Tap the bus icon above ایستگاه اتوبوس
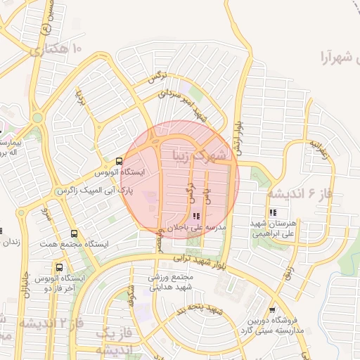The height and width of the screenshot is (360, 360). click(118, 161)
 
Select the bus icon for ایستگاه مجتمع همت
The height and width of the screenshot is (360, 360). click(75, 234)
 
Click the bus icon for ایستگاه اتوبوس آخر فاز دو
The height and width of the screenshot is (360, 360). click(59, 268)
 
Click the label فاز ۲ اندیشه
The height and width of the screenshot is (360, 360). click(51, 324)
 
